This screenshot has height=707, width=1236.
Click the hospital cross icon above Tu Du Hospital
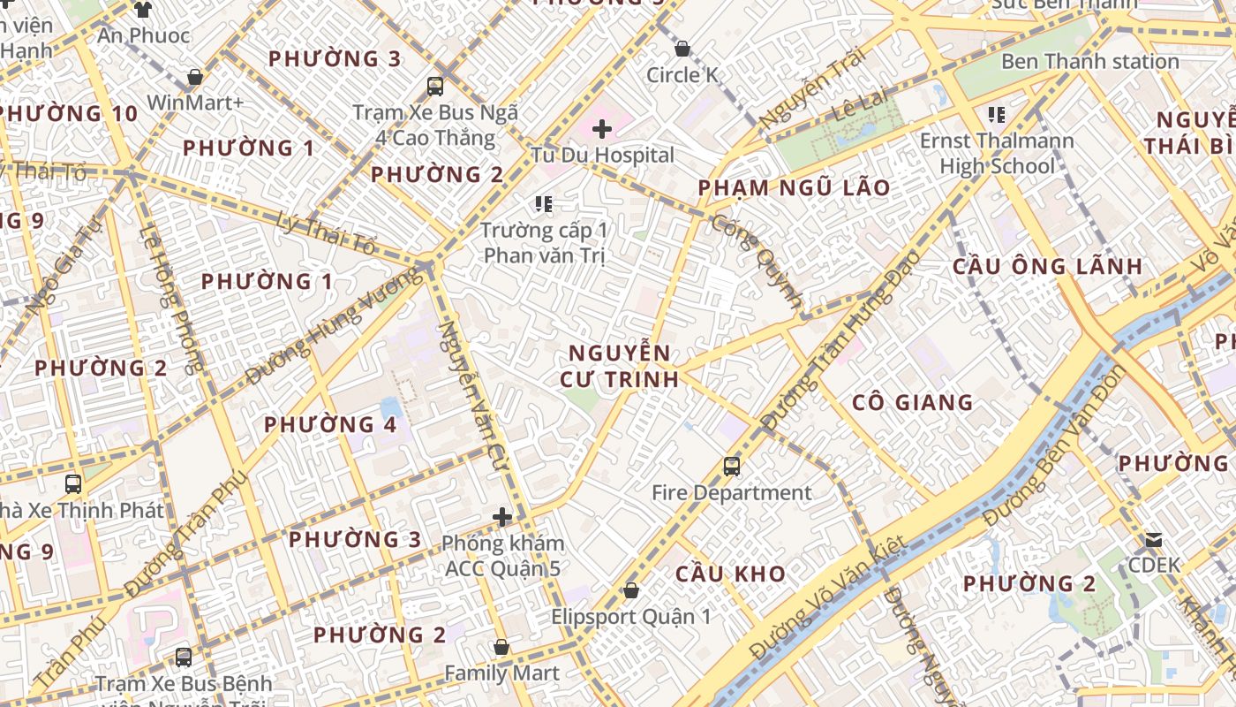602,130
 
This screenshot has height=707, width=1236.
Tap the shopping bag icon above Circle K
682,49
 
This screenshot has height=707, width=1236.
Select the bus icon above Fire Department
731,466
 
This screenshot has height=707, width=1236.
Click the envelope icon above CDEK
1153,539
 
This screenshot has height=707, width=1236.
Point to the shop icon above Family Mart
501,648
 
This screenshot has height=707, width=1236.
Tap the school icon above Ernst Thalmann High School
997,114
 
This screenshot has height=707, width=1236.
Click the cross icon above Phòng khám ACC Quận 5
502,517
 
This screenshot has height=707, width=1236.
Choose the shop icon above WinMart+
194,77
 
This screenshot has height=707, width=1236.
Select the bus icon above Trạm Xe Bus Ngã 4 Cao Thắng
435,87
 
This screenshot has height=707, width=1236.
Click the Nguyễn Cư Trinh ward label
619,366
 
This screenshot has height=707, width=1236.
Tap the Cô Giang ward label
912,403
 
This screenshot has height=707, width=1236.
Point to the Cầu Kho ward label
730,574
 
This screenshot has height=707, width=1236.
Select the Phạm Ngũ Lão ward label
794,188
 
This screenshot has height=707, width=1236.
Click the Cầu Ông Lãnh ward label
1047,266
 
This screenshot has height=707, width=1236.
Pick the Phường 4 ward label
330,424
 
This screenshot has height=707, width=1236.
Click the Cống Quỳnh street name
757,261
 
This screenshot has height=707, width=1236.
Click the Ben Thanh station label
1089,62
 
